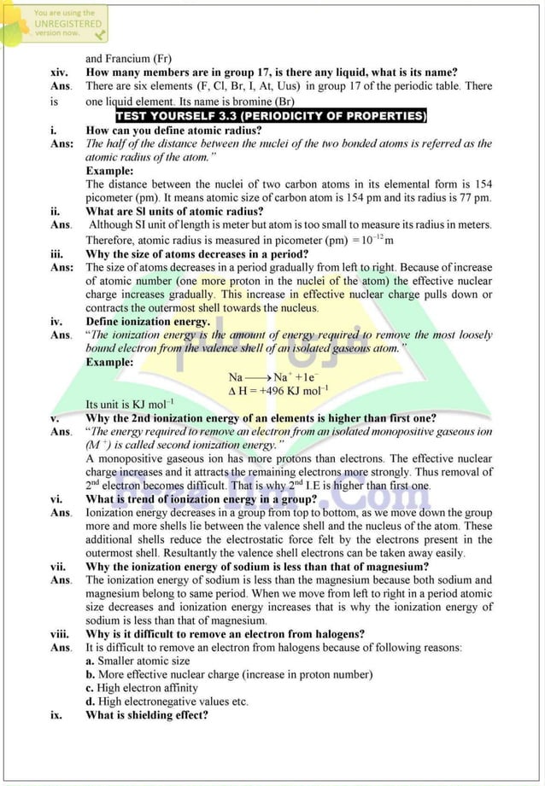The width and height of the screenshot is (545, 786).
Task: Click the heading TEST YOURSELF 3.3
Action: (x=271, y=116)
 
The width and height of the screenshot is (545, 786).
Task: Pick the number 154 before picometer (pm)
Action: (x=483, y=184)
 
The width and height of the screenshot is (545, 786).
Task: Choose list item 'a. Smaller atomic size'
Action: (x=138, y=661)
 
